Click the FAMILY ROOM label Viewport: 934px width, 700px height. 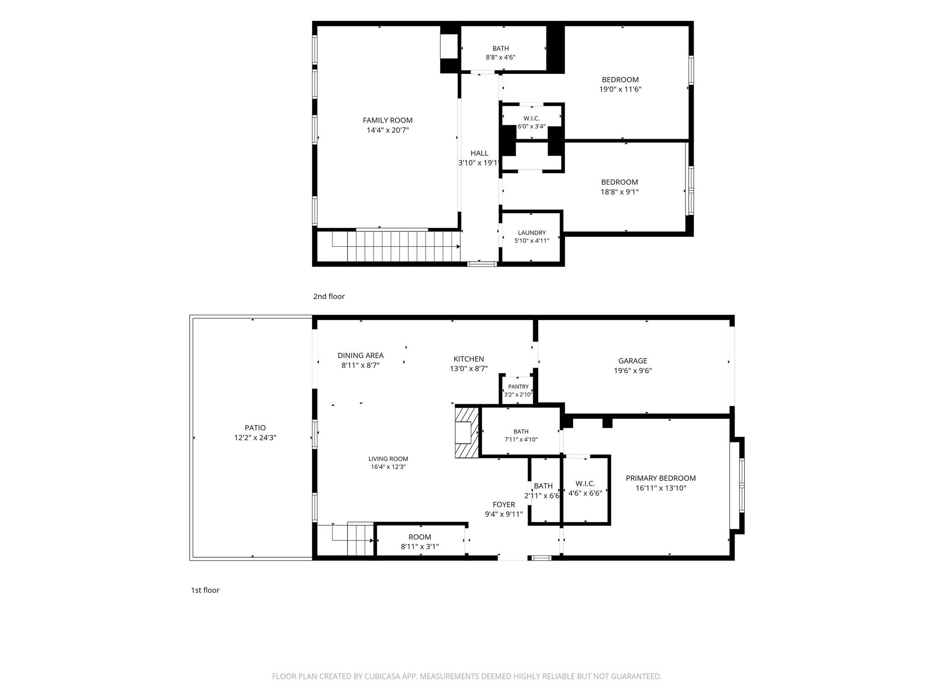pos(388,120)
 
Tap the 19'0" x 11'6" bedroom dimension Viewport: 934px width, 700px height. pos(620,89)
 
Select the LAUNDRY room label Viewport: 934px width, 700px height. pos(532,233)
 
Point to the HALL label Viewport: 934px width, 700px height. pos(479,154)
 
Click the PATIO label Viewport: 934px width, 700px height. pos(255,428)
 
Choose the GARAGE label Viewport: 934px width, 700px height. pos(633,361)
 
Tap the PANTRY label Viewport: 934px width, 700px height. pos(519,387)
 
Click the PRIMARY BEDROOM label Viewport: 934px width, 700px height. pos(661,479)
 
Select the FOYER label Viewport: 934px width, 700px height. pos(504,505)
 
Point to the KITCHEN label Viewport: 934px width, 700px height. pos(469,359)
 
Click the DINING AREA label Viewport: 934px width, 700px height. pos(360,355)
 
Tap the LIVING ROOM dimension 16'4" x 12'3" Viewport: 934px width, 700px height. pos(388,467)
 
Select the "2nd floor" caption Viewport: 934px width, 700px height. pos(329,297)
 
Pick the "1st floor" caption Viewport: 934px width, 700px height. pos(205,590)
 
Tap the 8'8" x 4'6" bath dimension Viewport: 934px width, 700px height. pos(501,57)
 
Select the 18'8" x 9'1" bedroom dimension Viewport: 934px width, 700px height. pos(620,192)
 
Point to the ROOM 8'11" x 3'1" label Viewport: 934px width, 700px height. pos(420,542)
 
